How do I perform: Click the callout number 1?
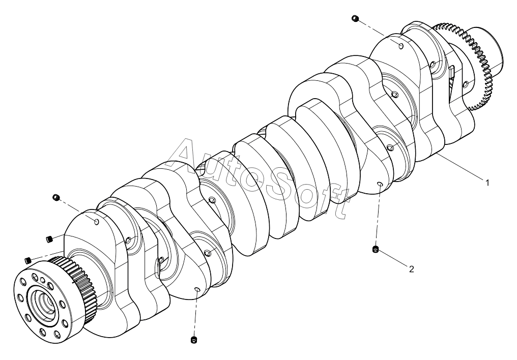(486, 183)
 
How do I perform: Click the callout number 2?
(411, 269)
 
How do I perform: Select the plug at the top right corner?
(355, 18)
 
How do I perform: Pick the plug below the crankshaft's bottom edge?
(193, 339)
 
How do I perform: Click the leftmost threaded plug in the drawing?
(28, 260)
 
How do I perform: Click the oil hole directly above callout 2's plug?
(379, 183)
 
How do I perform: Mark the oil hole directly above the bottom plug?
(197, 289)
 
